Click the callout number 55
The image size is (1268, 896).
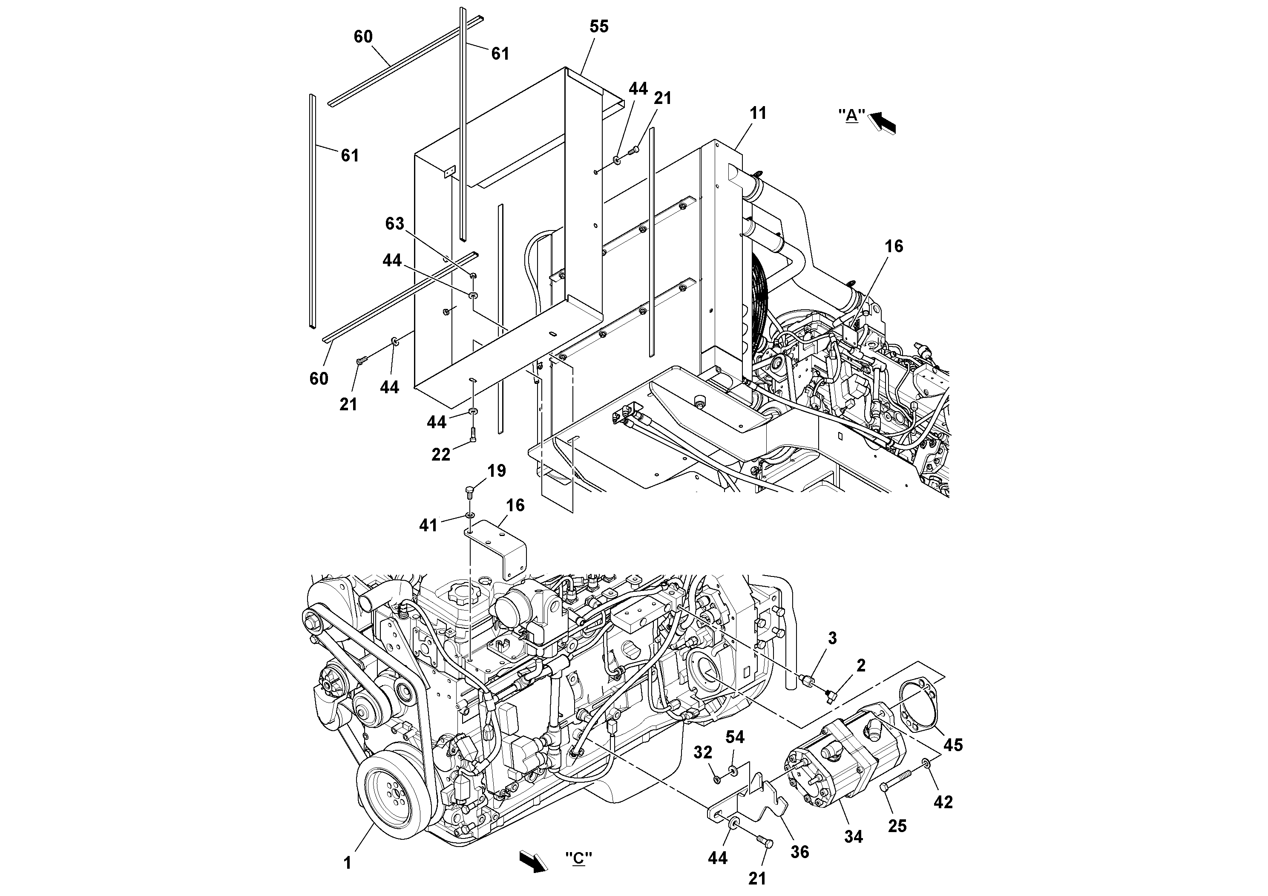599,26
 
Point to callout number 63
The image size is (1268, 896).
394,223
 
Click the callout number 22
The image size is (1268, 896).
441,454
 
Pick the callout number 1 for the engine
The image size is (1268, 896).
348,862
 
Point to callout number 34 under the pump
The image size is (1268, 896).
853,836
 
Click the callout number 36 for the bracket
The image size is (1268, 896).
799,852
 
